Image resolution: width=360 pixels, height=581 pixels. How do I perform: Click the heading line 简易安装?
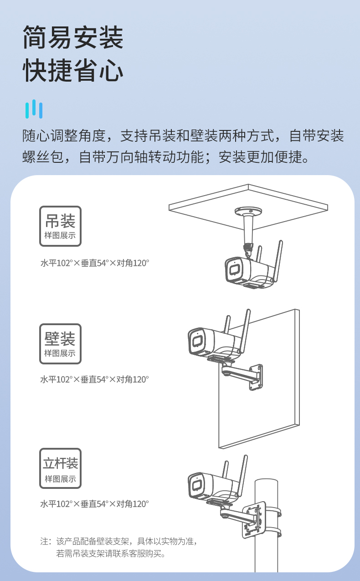coord(73,37)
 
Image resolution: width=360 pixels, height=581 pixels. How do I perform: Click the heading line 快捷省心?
coord(73,70)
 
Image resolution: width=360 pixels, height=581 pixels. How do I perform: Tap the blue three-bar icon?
coord(34,109)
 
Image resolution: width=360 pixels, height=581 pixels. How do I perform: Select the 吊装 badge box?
coord(61,226)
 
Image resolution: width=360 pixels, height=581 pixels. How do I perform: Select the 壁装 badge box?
coord(61,344)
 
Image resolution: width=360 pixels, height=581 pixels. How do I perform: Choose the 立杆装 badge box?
coord(61,468)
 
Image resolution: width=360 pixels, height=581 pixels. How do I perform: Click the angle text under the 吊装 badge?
coord(95,263)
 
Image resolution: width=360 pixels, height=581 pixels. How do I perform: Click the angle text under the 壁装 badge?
coord(95,379)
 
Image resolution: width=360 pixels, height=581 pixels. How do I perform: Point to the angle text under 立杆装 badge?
coord(95,504)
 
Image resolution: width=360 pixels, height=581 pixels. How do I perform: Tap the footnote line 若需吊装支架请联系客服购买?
coord(111,554)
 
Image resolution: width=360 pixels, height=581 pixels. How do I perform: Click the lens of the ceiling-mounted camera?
coord(234,270)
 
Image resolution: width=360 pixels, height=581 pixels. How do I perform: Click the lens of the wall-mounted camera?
coord(197,341)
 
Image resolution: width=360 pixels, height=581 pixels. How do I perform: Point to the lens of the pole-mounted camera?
coord(197,484)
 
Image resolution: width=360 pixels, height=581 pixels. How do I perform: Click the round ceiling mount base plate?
coord(248,211)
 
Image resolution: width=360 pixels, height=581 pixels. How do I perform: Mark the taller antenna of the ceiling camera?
coord(278,261)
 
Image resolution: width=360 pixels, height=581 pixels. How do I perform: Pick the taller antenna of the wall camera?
coord(244,331)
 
